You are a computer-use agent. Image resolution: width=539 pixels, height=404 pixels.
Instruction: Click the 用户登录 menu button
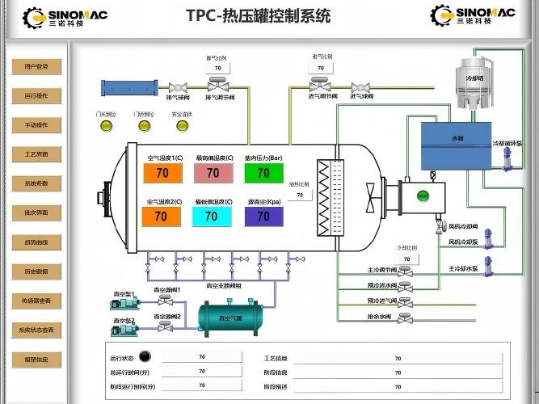click(36, 67)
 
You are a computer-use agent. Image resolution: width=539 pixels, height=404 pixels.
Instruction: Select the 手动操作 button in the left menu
click(36, 125)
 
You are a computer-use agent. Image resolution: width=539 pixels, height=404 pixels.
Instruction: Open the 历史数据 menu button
click(36, 271)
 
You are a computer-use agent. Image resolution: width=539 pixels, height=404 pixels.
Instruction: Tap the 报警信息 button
click(36, 360)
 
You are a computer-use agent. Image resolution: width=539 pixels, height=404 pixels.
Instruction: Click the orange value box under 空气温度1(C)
click(162, 173)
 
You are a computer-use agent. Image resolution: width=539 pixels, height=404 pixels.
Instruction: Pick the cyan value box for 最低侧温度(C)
click(212, 217)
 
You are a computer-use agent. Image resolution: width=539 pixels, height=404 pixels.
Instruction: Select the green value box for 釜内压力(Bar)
click(263, 173)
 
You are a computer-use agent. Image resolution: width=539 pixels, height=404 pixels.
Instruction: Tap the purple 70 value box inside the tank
click(263, 217)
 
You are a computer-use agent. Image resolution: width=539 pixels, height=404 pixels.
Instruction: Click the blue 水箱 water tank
click(457, 145)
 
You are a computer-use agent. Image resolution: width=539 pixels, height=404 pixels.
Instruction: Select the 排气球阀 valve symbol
click(178, 86)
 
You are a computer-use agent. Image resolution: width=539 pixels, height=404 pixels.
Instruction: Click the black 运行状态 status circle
click(145, 356)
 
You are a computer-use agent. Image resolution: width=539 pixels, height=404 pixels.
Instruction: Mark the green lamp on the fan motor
click(420, 196)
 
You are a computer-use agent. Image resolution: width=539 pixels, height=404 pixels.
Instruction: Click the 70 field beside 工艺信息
click(397, 357)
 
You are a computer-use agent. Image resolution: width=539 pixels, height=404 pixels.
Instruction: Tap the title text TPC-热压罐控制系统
click(258, 15)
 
